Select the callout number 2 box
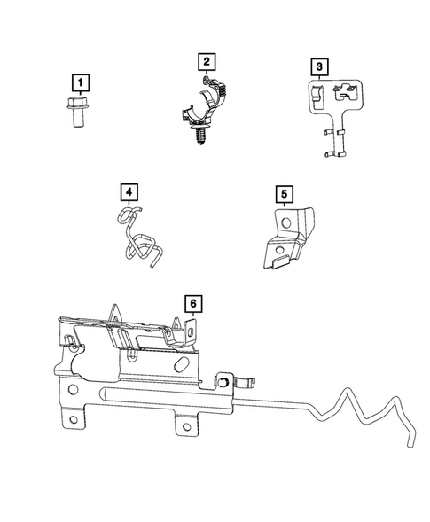[x=206, y=62]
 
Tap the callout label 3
[x=318, y=67]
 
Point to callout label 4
[x=129, y=192]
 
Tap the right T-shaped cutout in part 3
[x=340, y=90]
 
